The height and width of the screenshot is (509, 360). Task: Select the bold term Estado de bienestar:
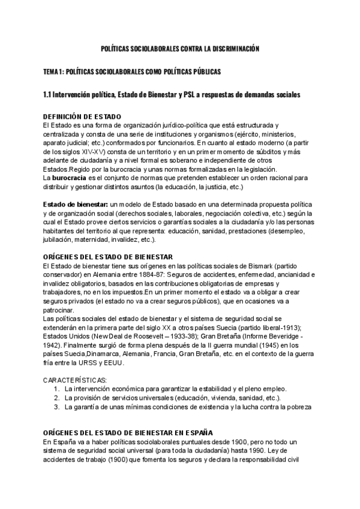tap(70, 205)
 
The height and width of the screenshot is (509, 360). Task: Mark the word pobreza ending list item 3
tap(297, 407)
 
